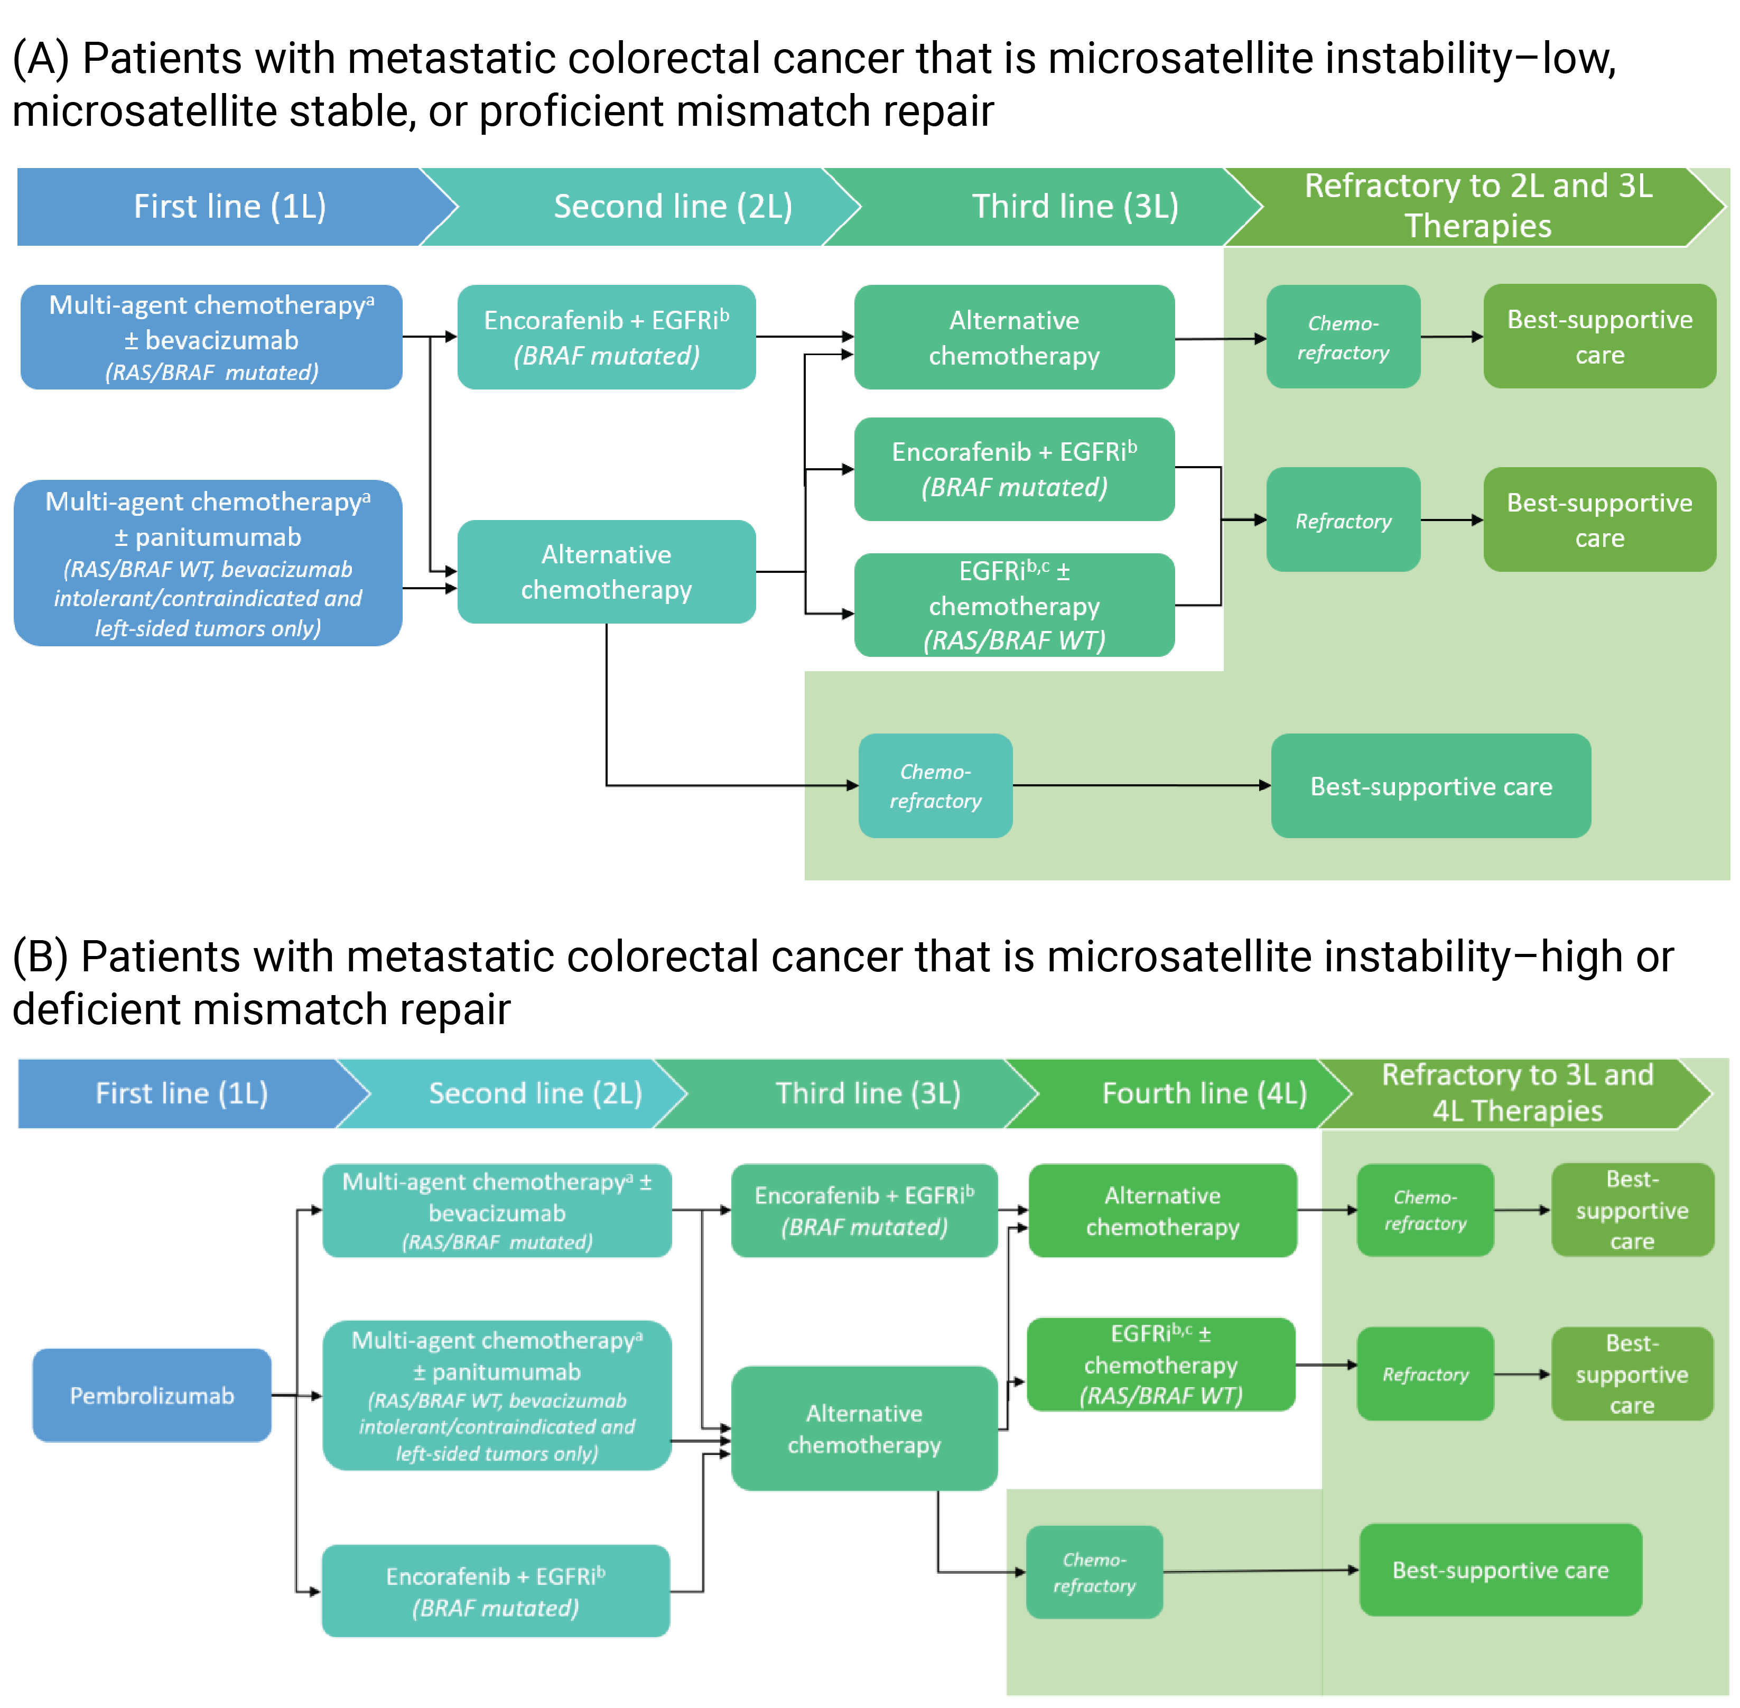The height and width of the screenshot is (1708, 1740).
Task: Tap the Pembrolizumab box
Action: pyautogui.click(x=152, y=1395)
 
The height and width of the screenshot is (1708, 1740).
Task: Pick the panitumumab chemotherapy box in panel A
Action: pyautogui.click(x=208, y=563)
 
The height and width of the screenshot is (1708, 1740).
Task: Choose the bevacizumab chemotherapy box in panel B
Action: pyautogui.click(x=497, y=1211)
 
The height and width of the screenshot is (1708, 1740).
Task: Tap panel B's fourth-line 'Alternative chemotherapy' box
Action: pyautogui.click(x=1162, y=1211)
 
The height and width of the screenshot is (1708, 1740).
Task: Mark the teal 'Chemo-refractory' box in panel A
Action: pyautogui.click(x=935, y=786)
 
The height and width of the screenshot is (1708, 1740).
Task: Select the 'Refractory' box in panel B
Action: pyautogui.click(x=1425, y=1375)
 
